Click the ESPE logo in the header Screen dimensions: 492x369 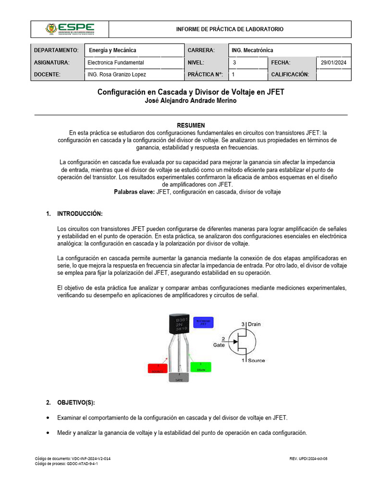click(x=70, y=29)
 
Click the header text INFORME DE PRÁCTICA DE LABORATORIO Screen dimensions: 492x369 click(x=230, y=29)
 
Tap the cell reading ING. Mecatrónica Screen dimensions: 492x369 click(x=252, y=50)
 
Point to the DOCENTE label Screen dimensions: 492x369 click(x=47, y=74)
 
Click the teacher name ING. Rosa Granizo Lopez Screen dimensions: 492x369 click(x=117, y=74)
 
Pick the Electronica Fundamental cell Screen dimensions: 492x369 click(x=116, y=62)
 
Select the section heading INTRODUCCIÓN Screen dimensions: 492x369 click(x=80, y=214)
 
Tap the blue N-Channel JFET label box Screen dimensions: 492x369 click(x=203, y=322)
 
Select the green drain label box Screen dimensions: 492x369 click(x=200, y=367)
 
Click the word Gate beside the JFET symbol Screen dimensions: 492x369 click(x=219, y=344)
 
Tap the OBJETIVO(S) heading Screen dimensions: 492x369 click(x=76, y=402)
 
